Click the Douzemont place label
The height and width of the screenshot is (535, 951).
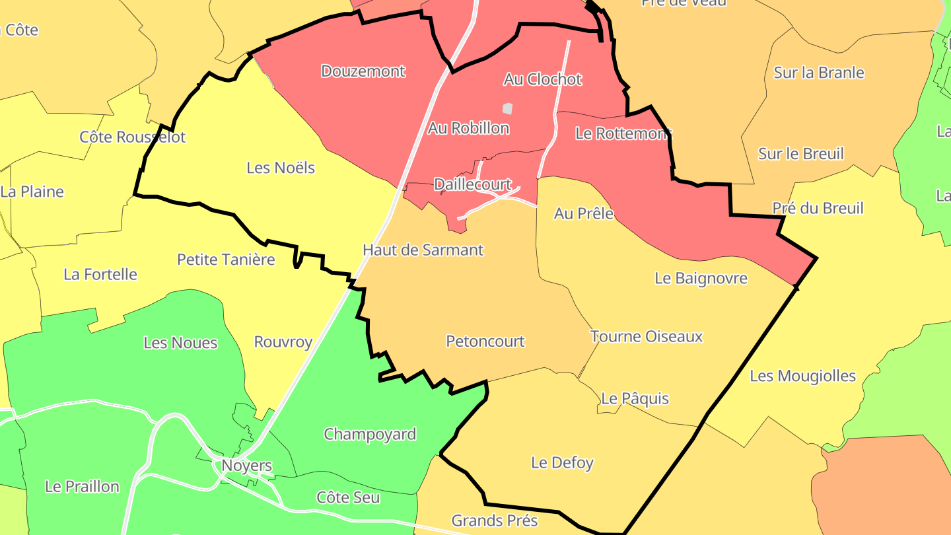pyautogui.click(x=363, y=71)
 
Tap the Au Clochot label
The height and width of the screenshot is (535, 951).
pyautogui.click(x=542, y=79)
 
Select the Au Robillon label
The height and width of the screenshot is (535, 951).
pyautogui.click(x=468, y=128)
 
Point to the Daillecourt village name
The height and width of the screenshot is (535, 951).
pyautogui.click(x=472, y=184)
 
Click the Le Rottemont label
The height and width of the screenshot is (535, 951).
pyautogui.click(x=623, y=133)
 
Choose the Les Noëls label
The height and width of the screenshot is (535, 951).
pyautogui.click(x=280, y=168)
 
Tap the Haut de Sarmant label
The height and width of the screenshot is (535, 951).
pyautogui.click(x=423, y=250)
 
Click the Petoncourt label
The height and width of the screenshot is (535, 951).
pyautogui.click(x=485, y=341)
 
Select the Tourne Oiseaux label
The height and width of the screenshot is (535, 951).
pyautogui.click(x=646, y=337)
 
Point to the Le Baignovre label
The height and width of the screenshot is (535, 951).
pyautogui.click(x=701, y=278)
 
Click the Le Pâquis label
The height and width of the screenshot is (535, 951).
pyautogui.click(x=635, y=399)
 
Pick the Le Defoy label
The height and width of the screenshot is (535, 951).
pyautogui.click(x=562, y=463)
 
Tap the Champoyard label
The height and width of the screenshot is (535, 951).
pyautogui.click(x=369, y=435)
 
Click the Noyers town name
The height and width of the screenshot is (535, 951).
pyautogui.click(x=246, y=466)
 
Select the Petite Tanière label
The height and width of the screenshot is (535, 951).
pyautogui.click(x=225, y=260)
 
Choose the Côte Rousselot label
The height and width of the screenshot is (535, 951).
pyautogui.click(x=132, y=137)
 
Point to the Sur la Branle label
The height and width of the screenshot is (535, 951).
pyautogui.click(x=818, y=73)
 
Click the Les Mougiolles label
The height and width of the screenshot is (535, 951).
pyautogui.click(x=802, y=376)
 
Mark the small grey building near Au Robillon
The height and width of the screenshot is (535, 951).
pyautogui.click(x=507, y=108)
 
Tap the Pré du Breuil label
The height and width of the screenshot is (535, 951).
pyautogui.click(x=818, y=209)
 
